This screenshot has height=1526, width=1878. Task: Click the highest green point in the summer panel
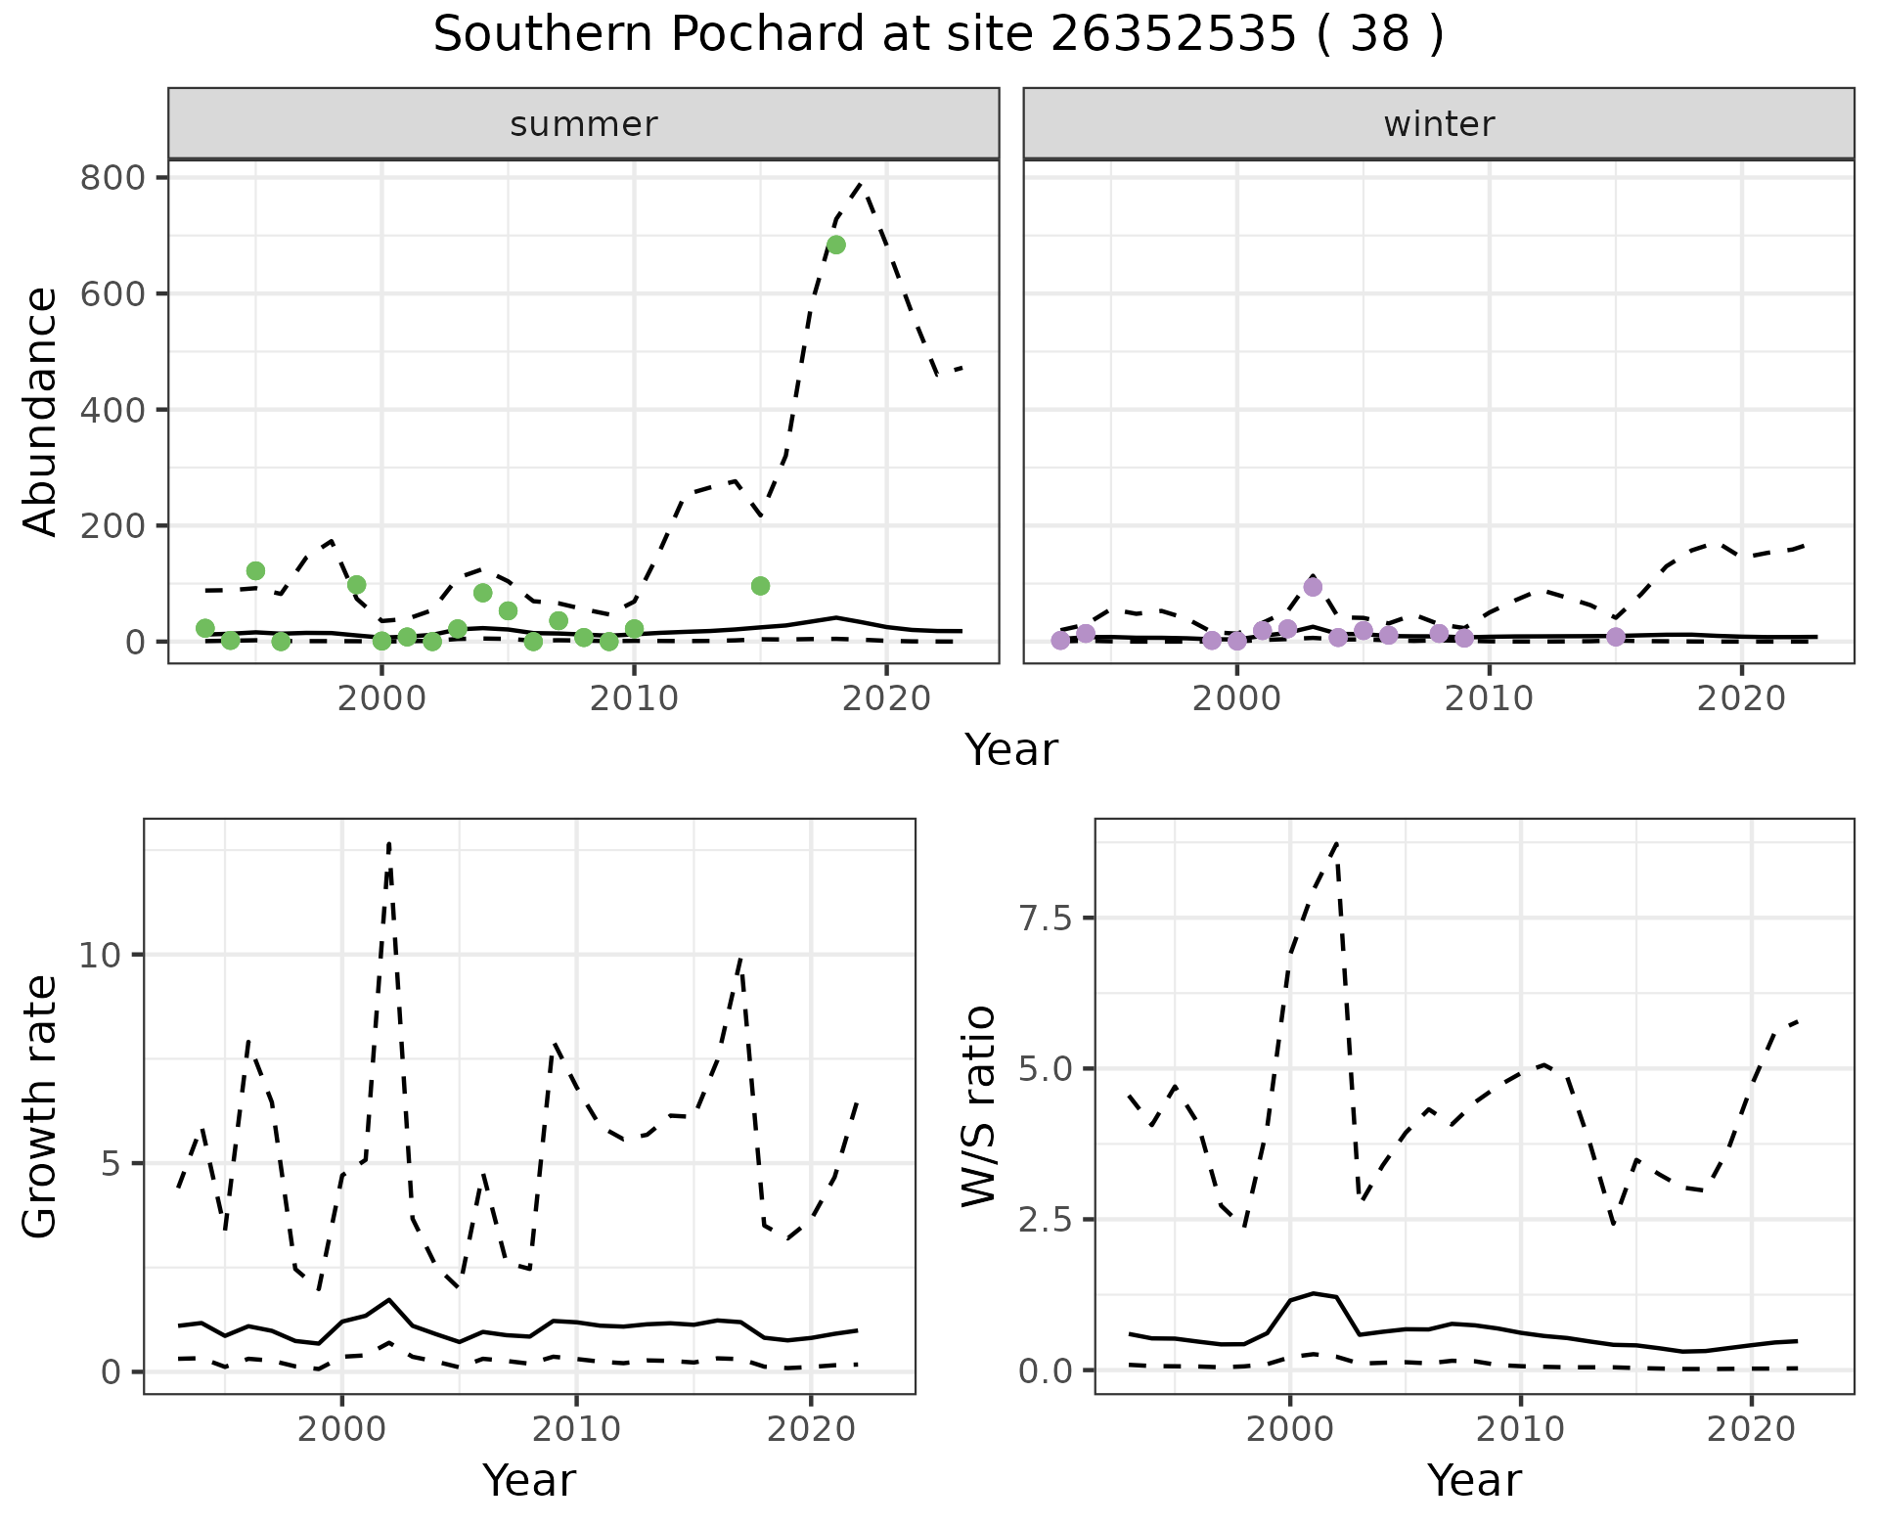[x=835, y=245]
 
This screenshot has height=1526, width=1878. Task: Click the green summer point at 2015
[x=760, y=586]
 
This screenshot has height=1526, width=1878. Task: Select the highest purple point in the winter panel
[x=1313, y=587]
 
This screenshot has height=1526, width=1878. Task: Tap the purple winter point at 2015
[x=1615, y=637]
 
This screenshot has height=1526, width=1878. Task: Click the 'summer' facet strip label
[x=584, y=124]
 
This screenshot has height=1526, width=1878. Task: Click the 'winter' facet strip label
[x=1439, y=124]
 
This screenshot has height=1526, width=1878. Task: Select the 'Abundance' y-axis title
[x=41, y=411]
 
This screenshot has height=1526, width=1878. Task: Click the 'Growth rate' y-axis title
[x=41, y=1105]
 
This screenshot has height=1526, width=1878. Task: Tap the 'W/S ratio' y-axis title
[x=978, y=1105]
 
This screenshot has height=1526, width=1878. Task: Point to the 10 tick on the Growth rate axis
[x=100, y=955]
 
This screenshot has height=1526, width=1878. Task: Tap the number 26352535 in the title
[x=1174, y=35]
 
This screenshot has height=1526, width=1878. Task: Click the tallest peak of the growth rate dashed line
[x=389, y=843]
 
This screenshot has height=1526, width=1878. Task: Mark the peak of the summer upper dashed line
[x=860, y=184]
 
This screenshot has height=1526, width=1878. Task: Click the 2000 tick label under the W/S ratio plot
[x=1289, y=1429]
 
